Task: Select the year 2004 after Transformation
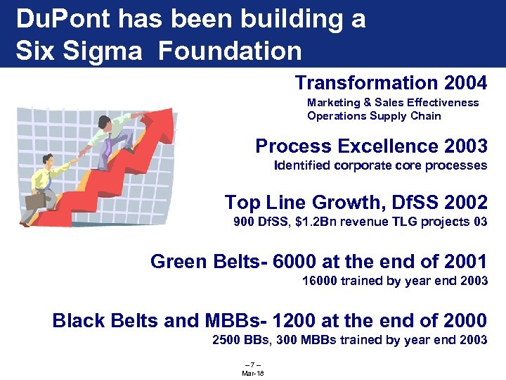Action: tap(465, 83)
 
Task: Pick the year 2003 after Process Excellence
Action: tap(465, 146)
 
